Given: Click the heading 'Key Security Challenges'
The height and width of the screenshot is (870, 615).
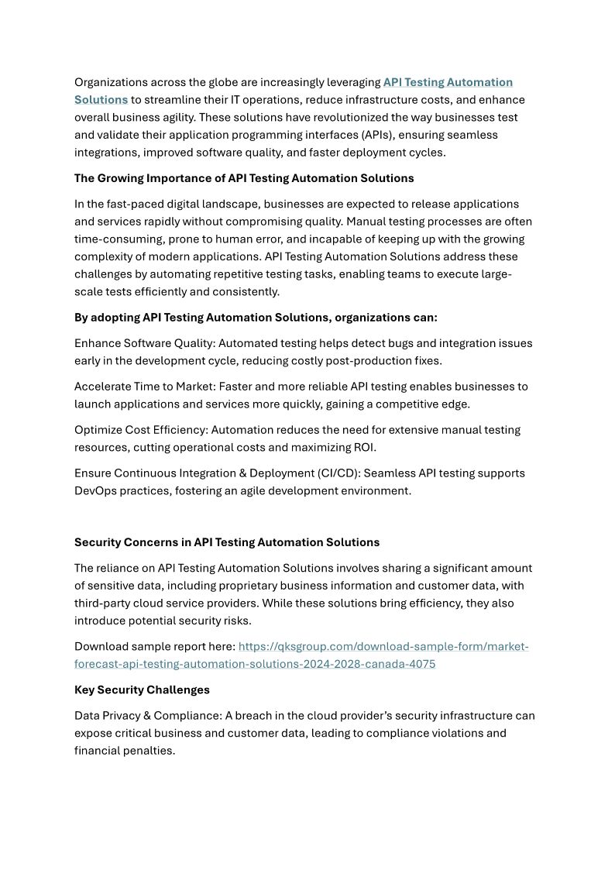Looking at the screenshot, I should tap(142, 689).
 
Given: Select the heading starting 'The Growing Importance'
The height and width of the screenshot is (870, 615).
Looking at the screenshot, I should tap(244, 178).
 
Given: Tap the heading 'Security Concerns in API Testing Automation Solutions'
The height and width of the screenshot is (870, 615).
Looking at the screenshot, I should tap(227, 542).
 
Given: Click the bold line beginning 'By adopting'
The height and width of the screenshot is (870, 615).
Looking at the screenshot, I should tap(256, 318).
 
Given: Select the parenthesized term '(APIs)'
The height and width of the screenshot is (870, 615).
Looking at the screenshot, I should tap(362, 135).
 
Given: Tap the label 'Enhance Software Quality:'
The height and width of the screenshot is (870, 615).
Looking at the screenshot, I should tap(141, 343).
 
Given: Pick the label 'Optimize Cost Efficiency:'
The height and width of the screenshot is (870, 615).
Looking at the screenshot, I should tap(141, 430).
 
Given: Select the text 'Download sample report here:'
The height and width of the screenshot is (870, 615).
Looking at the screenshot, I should tap(155, 646).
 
